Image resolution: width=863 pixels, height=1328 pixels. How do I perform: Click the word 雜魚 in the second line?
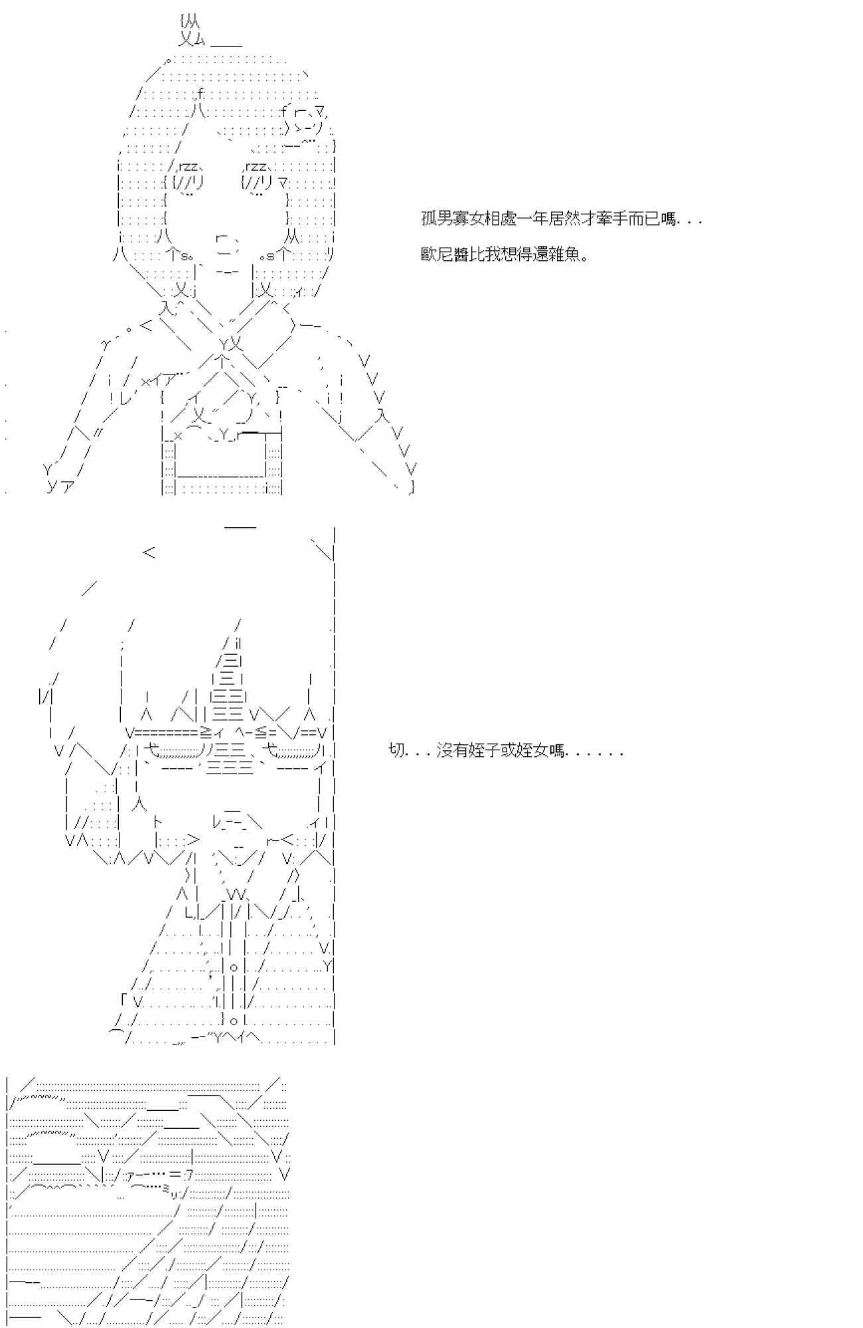tap(564, 255)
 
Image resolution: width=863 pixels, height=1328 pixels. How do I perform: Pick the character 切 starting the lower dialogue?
tap(396, 751)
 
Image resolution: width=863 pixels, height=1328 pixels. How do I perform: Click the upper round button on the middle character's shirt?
tap(234, 967)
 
